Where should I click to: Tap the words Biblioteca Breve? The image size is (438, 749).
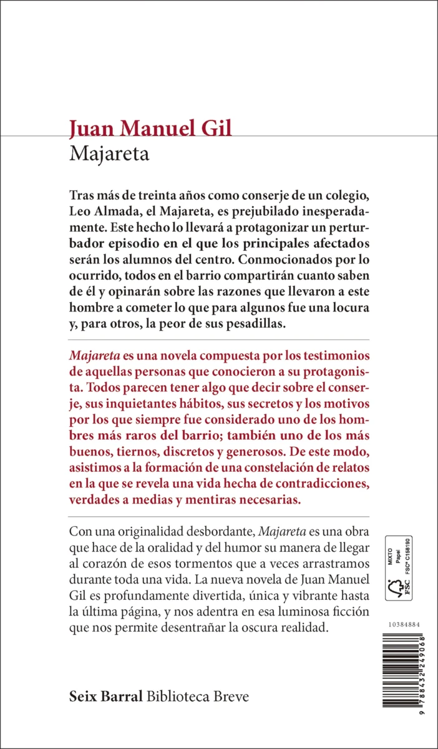tap(198, 697)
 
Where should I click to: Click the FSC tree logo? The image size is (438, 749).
tap(394, 589)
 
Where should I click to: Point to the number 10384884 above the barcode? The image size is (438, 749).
tap(402, 624)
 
